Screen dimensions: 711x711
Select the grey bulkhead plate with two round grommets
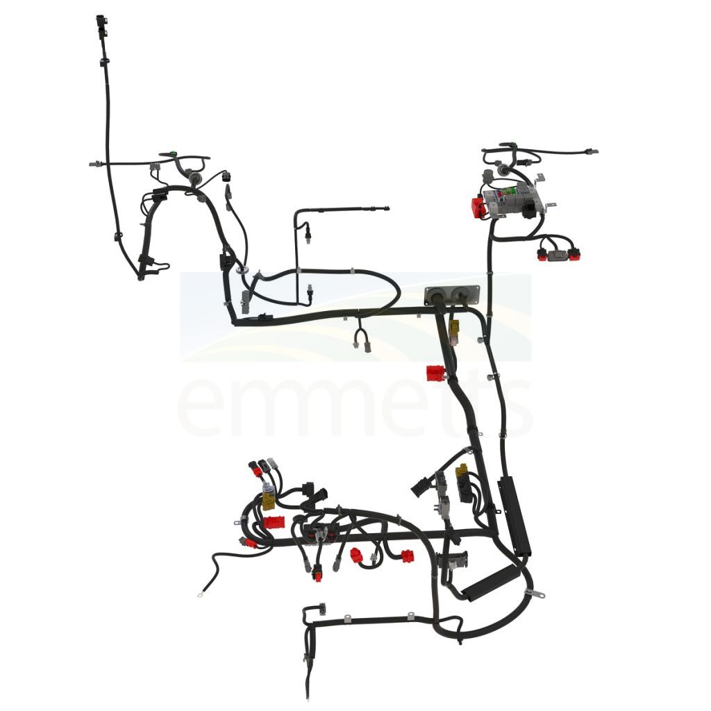[451, 295]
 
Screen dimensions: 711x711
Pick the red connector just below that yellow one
[436, 374]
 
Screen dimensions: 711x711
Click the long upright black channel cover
[515, 517]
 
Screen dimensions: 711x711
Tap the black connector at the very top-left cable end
[101, 23]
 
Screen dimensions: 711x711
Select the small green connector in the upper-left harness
[173, 152]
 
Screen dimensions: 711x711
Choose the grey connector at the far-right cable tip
[592, 152]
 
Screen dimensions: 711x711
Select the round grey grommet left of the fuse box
[503, 171]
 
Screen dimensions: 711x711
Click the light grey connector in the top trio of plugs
[272, 463]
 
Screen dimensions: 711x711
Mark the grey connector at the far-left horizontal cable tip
[94, 164]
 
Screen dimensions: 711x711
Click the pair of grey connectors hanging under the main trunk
[362, 341]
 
